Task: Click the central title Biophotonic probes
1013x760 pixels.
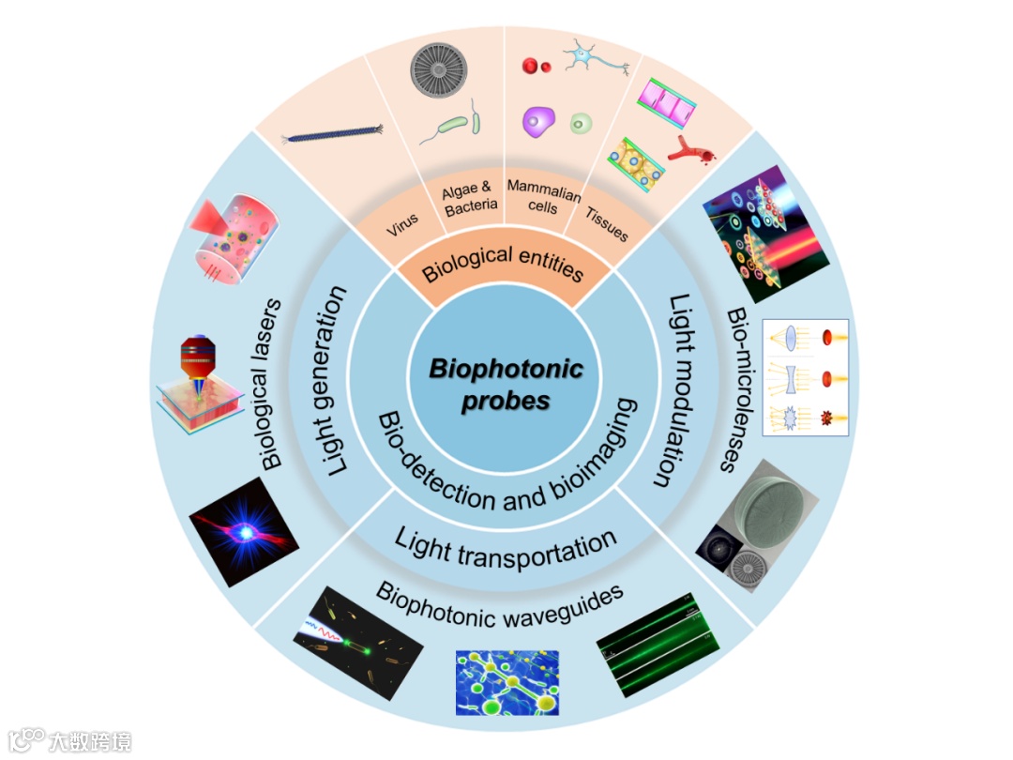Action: (x=506, y=384)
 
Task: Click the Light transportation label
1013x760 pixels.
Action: (x=506, y=547)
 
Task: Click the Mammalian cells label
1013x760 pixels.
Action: (x=543, y=195)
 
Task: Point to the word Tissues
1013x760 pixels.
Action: (x=607, y=222)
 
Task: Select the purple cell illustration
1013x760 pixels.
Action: (x=539, y=123)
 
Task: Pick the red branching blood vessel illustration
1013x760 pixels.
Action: (x=690, y=148)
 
